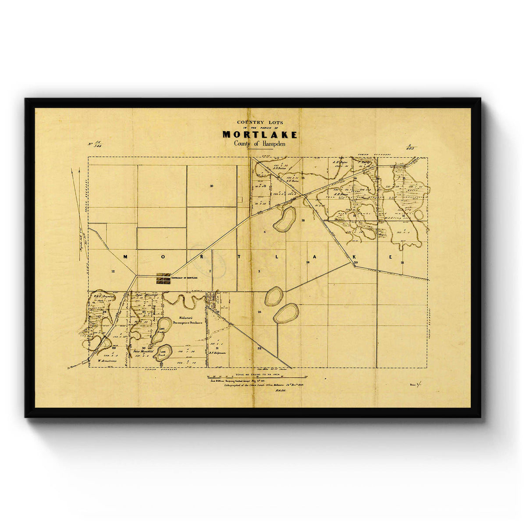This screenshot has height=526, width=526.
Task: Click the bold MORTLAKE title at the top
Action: click(x=259, y=135)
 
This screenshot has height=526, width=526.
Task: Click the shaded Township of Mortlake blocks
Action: click(x=163, y=279)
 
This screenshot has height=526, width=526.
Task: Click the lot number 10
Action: click(x=211, y=186)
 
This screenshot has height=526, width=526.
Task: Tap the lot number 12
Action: click(x=113, y=272)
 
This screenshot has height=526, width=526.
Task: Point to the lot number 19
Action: click(x=308, y=262)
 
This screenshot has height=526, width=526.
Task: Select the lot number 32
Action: click(x=259, y=348)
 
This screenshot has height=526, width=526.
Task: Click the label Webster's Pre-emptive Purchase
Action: click(x=188, y=320)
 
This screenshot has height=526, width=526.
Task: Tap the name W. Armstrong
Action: click(x=106, y=361)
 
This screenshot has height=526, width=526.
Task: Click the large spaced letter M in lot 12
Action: click(x=125, y=257)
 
